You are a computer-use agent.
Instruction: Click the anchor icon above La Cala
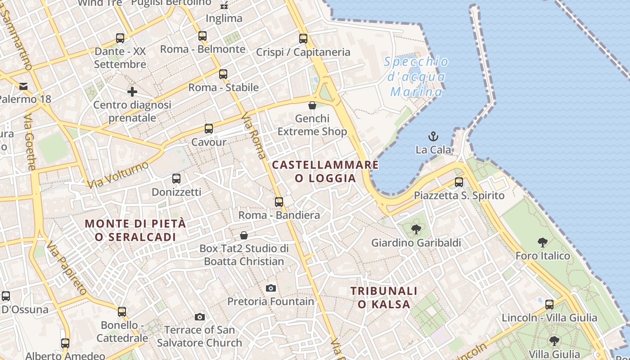point(433,136)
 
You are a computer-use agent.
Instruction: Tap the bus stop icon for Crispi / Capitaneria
point(303,39)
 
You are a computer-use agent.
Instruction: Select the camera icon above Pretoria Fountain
point(271,288)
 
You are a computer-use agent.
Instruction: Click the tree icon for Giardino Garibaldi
point(416,229)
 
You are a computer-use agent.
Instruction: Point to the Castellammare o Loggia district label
point(325,171)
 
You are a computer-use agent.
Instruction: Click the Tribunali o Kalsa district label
point(384,297)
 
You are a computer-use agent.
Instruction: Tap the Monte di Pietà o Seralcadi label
point(135,230)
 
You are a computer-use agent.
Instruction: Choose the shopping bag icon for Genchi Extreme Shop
point(312,105)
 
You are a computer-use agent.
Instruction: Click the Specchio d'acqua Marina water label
point(416,77)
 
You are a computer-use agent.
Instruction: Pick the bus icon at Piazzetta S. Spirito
point(459,182)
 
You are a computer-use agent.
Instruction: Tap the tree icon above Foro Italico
point(543,243)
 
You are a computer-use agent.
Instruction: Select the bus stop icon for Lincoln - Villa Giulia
point(549,305)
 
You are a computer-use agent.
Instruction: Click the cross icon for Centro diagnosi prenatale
point(132,92)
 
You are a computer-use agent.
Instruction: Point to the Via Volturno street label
point(118,175)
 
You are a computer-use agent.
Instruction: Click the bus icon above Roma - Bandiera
point(279,202)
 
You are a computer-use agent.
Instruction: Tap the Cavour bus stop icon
point(209,129)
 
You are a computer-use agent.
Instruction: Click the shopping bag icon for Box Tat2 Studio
point(244,235)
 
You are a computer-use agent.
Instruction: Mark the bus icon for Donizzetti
point(176,179)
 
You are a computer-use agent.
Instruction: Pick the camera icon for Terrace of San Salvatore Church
point(200,317)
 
